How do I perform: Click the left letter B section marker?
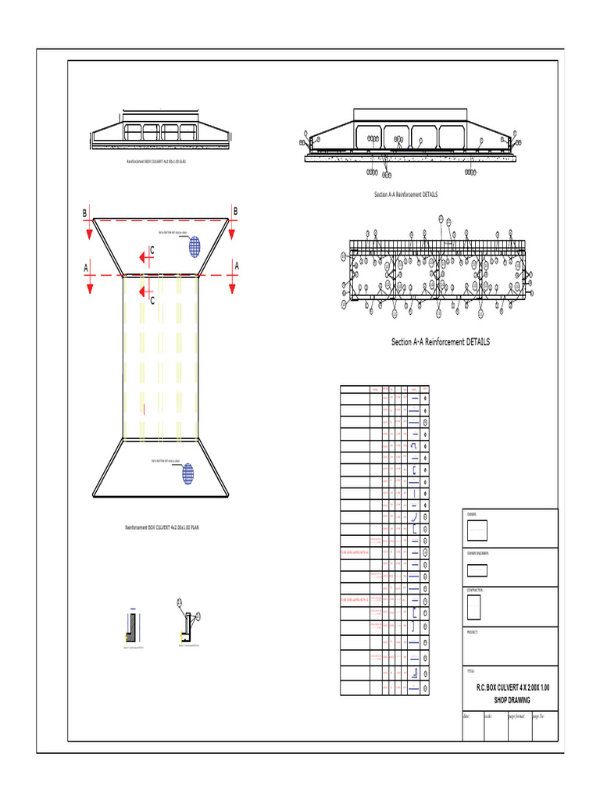coord(85,212)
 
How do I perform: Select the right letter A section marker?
coord(236,266)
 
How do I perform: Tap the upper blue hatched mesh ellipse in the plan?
coord(194,245)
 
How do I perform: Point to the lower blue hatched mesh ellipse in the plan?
coord(187,473)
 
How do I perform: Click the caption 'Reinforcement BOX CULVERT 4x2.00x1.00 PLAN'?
coord(162,528)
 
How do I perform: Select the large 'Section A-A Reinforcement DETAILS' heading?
coord(441,342)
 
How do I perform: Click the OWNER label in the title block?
coord(472,515)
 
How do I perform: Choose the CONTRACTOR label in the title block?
coord(476,591)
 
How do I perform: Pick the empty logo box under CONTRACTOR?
coord(474,608)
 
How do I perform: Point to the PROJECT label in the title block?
coord(473,631)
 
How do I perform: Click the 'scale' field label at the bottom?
coord(488,716)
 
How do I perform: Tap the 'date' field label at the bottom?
coord(466,716)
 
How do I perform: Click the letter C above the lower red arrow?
coord(152,300)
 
